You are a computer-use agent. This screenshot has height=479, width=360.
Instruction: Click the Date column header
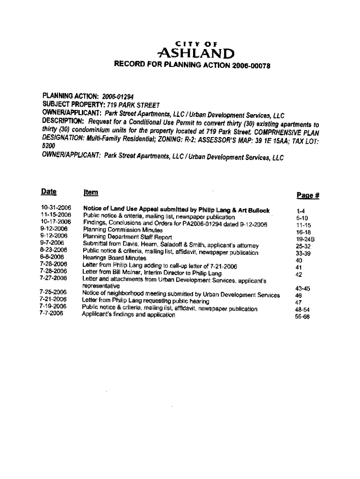point(49,192)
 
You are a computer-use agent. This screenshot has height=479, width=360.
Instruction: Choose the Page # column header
point(307,196)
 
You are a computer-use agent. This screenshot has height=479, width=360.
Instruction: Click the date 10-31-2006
point(56,208)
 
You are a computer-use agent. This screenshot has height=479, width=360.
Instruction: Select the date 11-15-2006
point(56,215)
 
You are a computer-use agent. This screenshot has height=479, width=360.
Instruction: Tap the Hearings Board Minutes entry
point(115,258)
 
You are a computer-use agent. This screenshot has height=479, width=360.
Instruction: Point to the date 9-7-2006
point(52,243)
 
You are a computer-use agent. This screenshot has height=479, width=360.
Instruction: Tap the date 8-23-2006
point(54,250)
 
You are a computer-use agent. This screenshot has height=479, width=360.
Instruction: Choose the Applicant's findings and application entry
point(129,315)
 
